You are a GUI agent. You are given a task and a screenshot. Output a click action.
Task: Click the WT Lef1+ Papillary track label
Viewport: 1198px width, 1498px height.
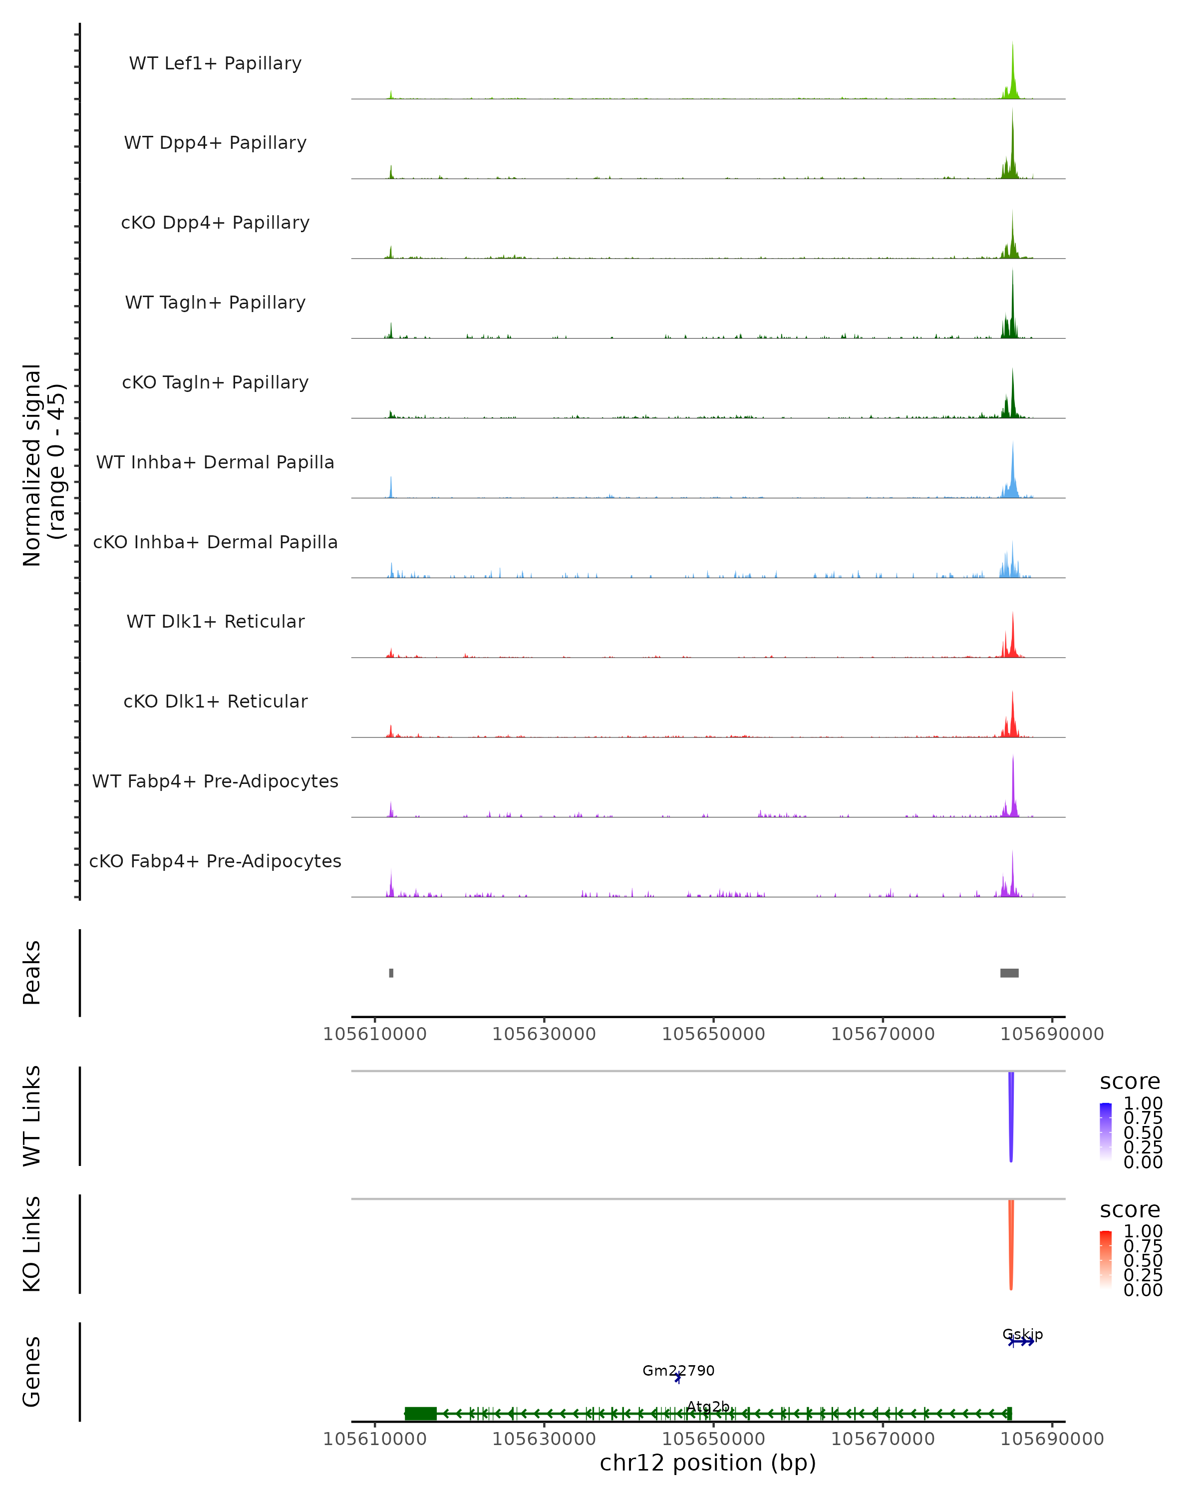coord(215,63)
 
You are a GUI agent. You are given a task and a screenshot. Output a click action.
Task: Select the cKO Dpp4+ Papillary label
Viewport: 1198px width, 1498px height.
coord(215,222)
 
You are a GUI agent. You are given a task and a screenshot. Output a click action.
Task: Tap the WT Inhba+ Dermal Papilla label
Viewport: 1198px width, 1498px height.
coord(215,462)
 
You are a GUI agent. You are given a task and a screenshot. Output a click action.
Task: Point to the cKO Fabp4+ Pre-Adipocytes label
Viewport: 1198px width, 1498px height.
coord(215,861)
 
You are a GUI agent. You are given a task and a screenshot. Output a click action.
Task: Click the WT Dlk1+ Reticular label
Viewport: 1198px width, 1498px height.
coord(215,621)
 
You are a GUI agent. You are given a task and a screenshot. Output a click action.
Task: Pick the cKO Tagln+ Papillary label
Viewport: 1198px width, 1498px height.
coord(215,382)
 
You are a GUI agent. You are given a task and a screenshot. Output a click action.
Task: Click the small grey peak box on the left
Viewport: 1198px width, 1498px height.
coord(391,973)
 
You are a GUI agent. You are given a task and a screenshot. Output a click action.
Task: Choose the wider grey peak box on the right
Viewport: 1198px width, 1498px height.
coord(1009,973)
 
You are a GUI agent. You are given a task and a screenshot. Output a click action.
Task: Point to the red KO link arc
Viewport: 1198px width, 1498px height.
coord(1011,1244)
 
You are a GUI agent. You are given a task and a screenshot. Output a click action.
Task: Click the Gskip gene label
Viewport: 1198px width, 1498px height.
coord(1022,1335)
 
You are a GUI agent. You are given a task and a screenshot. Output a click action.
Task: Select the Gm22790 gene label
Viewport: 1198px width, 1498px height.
coord(678,1371)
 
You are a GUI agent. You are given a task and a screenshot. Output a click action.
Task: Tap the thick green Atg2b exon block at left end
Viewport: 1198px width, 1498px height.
coord(421,1413)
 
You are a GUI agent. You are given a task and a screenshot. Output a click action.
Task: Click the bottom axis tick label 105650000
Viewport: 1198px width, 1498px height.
coord(713,1438)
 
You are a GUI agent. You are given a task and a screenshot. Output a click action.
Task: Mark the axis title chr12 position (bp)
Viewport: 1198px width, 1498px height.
coord(708,1463)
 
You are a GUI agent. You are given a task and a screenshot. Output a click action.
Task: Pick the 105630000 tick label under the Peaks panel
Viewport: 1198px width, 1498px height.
coord(544,1034)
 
